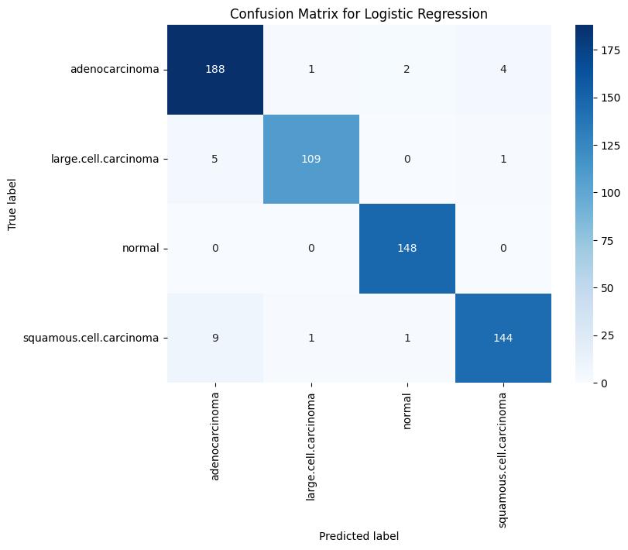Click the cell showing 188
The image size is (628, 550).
pos(215,70)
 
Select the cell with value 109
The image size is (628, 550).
pos(311,160)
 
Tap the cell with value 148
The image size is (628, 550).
pos(407,249)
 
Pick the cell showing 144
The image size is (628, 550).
pos(503,339)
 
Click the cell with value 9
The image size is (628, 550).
pos(215,339)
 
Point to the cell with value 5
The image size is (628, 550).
pos(215,160)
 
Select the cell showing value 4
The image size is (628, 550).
pos(503,70)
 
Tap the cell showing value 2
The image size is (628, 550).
pos(407,70)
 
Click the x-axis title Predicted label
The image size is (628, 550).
pos(359,535)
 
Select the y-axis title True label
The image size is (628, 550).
pos(12,205)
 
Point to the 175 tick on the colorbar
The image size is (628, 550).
pos(601,50)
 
